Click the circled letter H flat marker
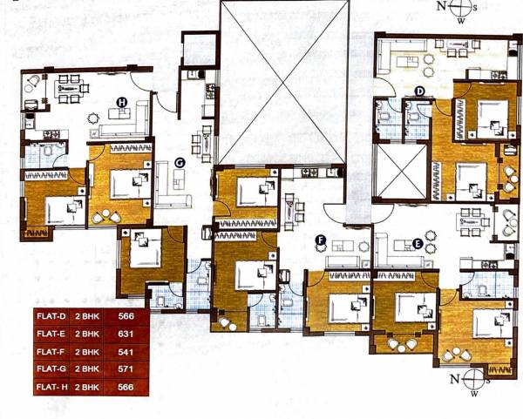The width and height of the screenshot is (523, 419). [x=121, y=102]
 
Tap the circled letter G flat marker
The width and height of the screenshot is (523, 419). [x=180, y=162]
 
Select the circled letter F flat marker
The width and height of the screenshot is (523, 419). [x=320, y=240]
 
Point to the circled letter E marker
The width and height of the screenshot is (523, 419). [x=418, y=244]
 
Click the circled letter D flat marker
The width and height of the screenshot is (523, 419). [x=418, y=91]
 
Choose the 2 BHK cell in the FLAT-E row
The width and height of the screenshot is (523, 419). [x=87, y=335]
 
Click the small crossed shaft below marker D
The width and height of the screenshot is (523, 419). [x=398, y=171]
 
